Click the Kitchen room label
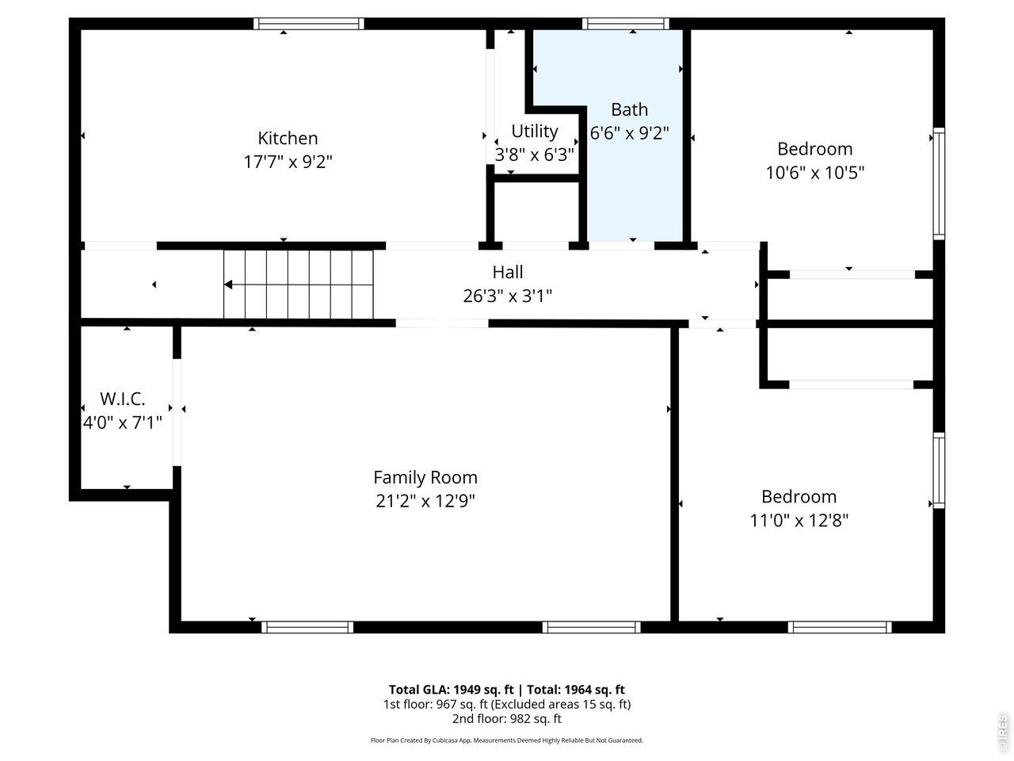tap(288, 138)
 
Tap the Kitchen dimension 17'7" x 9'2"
tap(288, 163)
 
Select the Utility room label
tap(535, 132)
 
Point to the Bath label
tap(629, 110)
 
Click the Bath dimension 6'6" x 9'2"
tap(629, 133)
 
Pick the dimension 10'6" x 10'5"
tap(815, 173)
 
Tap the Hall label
tap(508, 272)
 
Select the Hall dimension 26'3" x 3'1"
tap(508, 296)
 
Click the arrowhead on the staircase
tap(227, 285)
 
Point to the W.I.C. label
tap(123, 399)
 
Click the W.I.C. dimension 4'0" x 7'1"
tap(123, 423)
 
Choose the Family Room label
tap(425, 477)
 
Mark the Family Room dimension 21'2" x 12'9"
tap(425, 501)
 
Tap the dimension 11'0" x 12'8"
tap(799, 521)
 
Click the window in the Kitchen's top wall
tap(309, 24)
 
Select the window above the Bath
tap(626, 24)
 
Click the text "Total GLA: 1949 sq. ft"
tap(451, 690)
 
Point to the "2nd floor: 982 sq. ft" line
tap(507, 719)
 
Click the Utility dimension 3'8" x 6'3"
tap(535, 155)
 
